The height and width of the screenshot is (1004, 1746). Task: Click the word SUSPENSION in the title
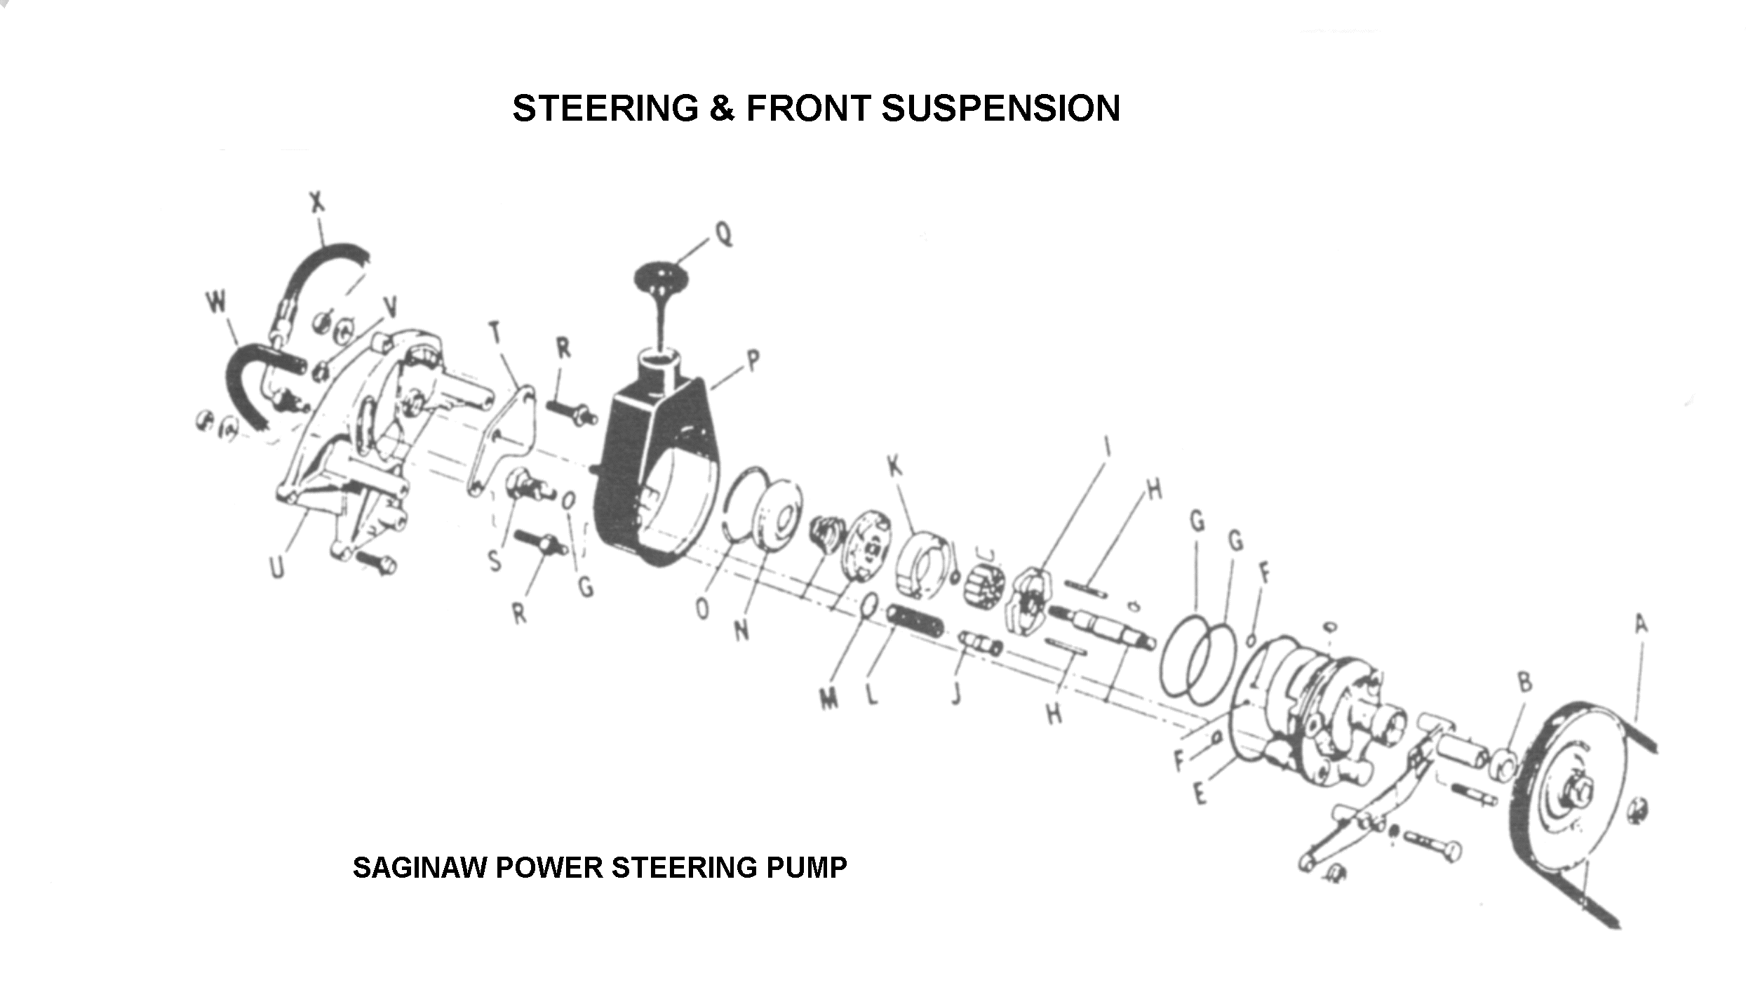point(1000,109)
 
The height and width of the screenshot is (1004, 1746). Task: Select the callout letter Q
point(724,234)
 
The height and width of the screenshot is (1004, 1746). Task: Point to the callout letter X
point(317,202)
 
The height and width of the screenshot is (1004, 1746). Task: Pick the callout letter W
point(217,302)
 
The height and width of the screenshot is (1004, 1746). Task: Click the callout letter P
point(752,361)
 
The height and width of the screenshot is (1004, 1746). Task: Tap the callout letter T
point(495,332)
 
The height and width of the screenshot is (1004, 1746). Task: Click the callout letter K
point(894,466)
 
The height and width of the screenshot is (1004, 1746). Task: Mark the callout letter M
point(829,698)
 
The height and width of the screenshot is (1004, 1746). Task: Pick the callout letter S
point(495,561)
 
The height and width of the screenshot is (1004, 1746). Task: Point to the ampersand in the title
point(722,109)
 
